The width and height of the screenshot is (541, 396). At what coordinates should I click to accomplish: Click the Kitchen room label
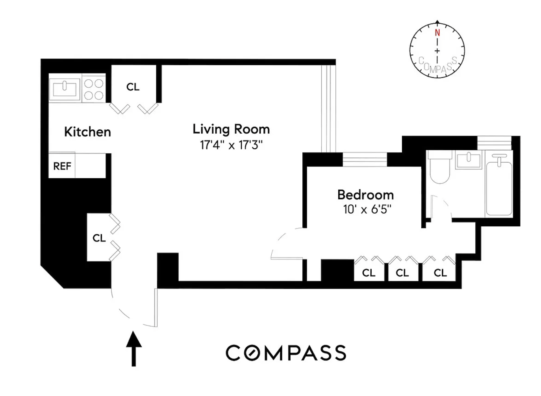pos(87,132)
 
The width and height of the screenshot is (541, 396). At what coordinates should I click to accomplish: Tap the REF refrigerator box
pos(62,166)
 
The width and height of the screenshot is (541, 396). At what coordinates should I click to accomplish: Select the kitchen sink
pos(65,88)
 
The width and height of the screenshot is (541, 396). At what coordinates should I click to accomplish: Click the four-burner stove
pos(94,89)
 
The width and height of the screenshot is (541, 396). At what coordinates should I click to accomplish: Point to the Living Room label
pos(231,129)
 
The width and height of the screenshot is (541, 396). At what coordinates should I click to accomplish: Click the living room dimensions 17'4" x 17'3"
pos(231,145)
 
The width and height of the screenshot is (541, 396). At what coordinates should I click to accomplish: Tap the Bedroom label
pos(365,195)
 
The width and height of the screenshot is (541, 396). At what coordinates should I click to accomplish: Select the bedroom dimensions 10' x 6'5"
pos(367,209)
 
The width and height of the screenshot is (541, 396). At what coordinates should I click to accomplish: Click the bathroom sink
pos(468,161)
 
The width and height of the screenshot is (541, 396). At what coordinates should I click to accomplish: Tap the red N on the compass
pos(437,33)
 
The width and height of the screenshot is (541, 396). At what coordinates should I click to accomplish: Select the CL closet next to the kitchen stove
pos(133,87)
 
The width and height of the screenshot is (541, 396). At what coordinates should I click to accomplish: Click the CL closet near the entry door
pos(99,238)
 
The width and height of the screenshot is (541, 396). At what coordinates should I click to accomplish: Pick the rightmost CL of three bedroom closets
pos(440,273)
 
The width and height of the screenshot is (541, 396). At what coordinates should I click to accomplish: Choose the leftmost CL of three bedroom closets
pos(369,273)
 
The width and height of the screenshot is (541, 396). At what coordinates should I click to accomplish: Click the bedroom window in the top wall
pos(365,159)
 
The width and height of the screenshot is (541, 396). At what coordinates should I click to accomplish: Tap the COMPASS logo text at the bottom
pos(286,353)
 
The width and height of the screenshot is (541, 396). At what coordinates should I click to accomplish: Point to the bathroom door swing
pos(441,207)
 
